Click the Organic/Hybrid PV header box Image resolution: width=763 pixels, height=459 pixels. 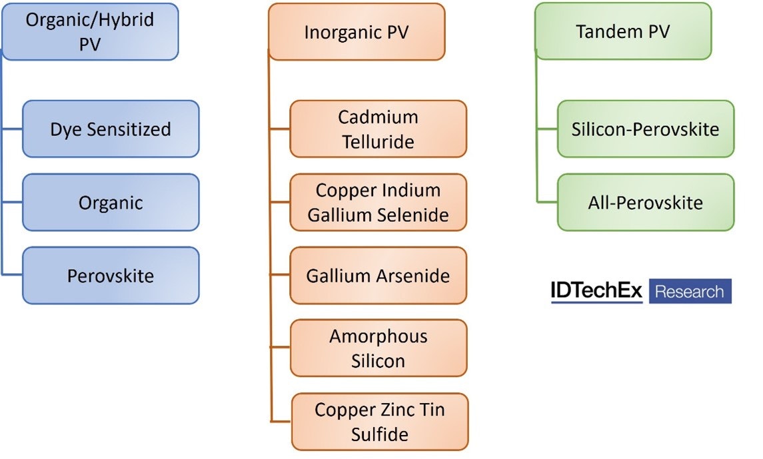coord(90,31)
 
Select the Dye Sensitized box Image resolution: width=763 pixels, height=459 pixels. coord(111,129)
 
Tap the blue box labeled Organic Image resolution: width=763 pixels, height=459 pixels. coord(111,202)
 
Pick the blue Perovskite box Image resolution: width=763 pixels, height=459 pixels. coord(111,275)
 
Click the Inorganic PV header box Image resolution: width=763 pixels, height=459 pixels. coord(357,31)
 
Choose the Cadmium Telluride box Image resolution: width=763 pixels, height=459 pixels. coord(378,129)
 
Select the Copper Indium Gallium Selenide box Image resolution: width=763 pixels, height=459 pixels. coord(378,202)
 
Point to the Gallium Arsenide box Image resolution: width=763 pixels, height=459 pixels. coord(378,275)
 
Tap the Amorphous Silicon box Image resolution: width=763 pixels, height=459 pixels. coord(378,348)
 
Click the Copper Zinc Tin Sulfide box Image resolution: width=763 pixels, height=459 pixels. coord(379,421)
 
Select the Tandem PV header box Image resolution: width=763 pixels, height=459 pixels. coord(623,31)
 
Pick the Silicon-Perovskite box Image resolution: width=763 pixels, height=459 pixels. coord(645,129)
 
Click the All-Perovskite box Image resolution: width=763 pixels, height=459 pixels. coord(645,202)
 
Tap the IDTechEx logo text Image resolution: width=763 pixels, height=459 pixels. coord(596,291)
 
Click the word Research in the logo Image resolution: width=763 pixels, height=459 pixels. coord(690,291)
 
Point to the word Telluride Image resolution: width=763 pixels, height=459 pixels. coord(378,141)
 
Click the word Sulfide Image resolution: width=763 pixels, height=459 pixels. coord(379,434)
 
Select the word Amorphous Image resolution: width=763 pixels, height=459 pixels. coord(378,336)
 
